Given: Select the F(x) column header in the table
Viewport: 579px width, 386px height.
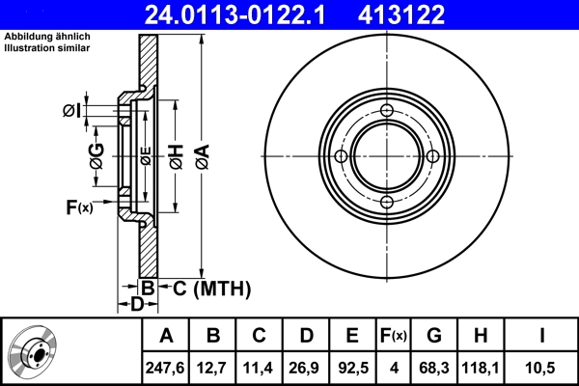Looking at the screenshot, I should [x=393, y=336].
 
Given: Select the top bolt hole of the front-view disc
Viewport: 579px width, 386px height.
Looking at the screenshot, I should [x=386, y=111].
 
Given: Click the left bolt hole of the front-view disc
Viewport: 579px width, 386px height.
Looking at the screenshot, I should [x=341, y=156].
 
